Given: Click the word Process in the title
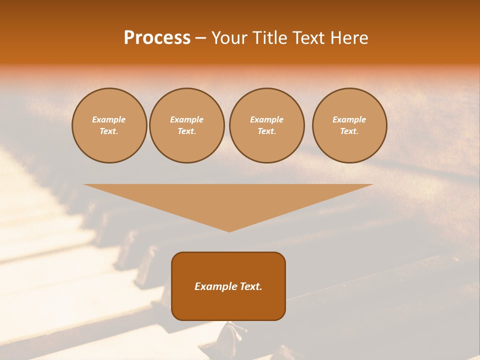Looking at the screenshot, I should (x=157, y=38).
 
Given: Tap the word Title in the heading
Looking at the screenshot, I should (x=270, y=38).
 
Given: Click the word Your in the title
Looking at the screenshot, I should (x=230, y=38).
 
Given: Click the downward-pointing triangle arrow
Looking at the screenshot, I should (x=228, y=200).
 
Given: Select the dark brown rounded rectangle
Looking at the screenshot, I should (x=228, y=305).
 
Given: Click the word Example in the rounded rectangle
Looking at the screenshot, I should (x=216, y=286).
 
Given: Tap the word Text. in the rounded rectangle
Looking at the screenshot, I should (x=251, y=286).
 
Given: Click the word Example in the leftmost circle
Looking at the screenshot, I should (x=109, y=119).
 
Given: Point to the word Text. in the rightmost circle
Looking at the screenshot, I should (x=349, y=131).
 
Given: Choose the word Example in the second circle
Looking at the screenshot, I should (x=186, y=119).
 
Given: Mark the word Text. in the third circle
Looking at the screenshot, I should (x=266, y=131).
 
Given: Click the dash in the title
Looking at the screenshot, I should (x=200, y=38).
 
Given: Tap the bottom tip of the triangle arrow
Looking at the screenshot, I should (x=229, y=230).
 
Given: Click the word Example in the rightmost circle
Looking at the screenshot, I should (x=349, y=119).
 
